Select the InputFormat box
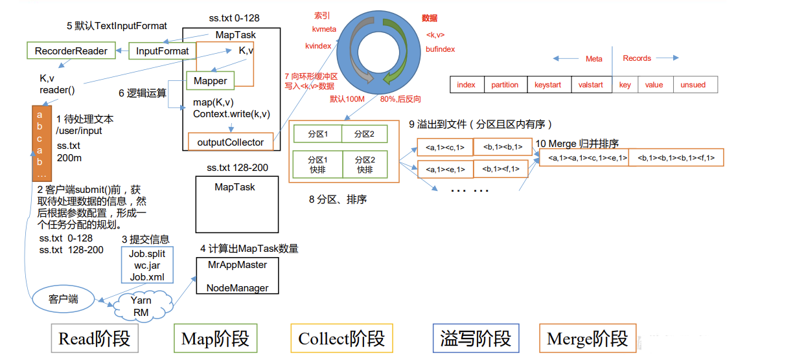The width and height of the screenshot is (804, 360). pos(162,51)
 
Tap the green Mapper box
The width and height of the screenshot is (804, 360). pos(210,80)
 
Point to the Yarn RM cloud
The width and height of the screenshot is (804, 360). pos(141,306)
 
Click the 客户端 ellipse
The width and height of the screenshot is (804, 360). pos(63,298)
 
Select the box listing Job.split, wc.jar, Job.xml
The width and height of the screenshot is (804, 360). pos(147,265)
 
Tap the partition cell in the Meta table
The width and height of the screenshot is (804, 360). pos(505,85)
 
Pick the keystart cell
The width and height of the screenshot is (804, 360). pos(547,85)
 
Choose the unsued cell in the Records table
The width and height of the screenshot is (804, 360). pos(693,85)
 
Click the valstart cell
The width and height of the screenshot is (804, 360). pos(590,85)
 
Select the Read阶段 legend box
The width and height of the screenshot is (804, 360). pos(94,338)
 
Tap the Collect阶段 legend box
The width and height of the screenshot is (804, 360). pos(341,338)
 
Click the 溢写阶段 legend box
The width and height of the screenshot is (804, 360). pos(476,338)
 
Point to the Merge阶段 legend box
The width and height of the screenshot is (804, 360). pos(587,338)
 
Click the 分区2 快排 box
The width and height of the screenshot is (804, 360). pos(365,164)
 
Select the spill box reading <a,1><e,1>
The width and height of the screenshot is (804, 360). pos(445,170)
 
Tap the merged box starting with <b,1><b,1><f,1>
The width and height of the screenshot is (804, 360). pos(676,157)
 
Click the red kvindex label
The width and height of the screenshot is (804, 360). pos(319,47)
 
